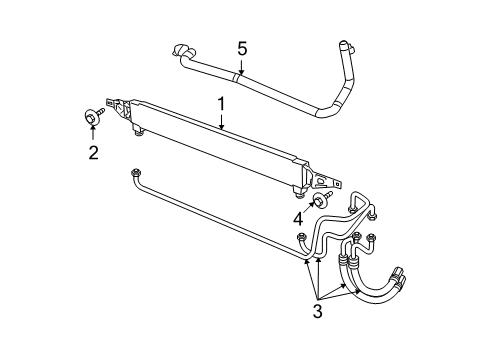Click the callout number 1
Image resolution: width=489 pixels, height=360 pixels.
tap(222, 102)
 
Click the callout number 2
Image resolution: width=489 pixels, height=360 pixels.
tap(93, 153)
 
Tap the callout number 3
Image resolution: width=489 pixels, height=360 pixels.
tap(318, 311)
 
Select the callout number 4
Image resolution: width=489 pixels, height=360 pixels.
tap(298, 219)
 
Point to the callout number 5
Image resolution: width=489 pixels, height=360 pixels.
tap(241, 47)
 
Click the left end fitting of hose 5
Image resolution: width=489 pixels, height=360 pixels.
tap(180, 52)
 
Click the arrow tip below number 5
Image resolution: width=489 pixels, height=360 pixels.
tap(241, 74)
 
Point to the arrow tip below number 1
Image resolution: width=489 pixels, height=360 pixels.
tap(222, 130)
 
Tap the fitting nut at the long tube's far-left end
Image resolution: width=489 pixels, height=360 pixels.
tap(134, 175)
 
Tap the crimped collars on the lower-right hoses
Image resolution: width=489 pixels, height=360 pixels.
tap(347, 263)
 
